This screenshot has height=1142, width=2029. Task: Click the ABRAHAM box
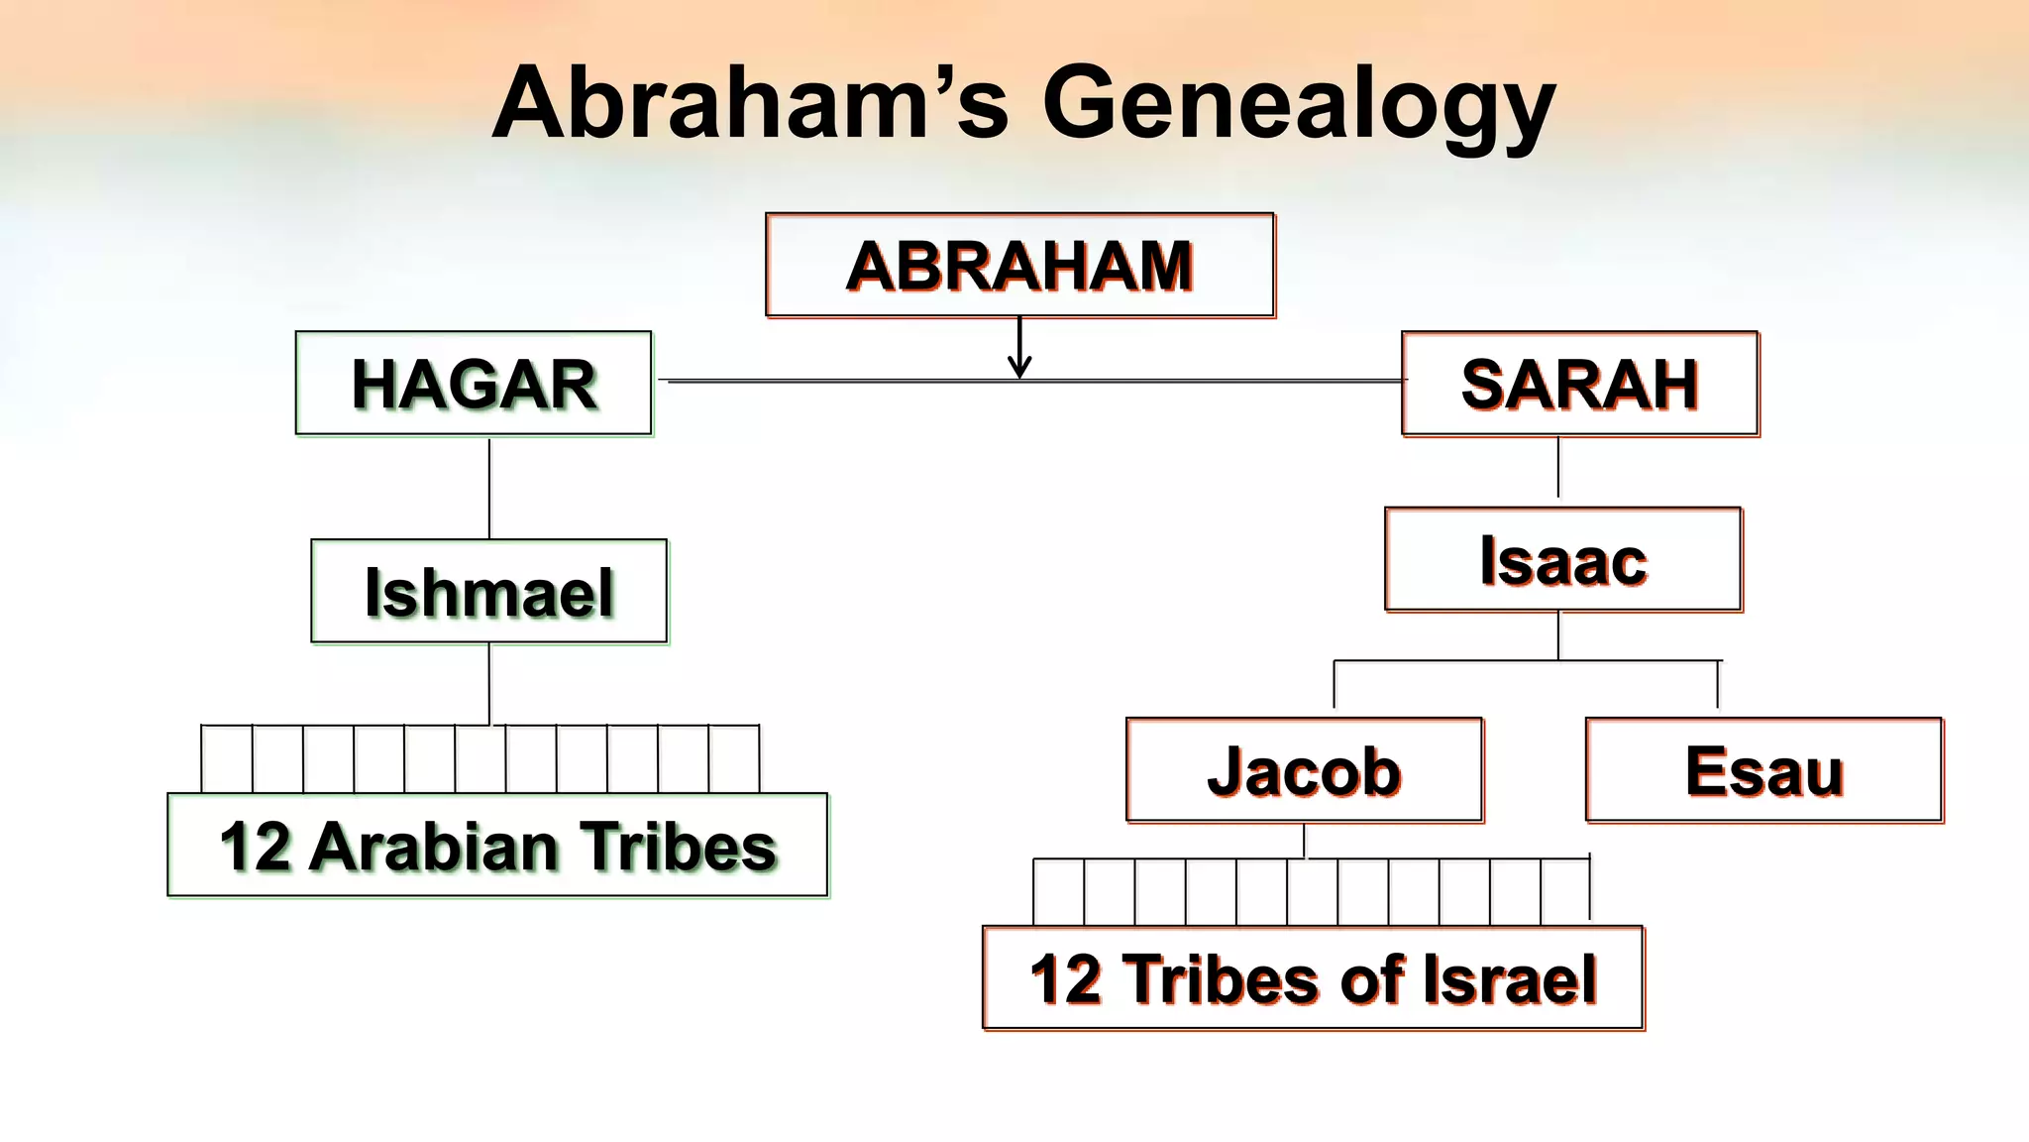[x=1019, y=266]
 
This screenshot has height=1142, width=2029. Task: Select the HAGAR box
[x=474, y=384]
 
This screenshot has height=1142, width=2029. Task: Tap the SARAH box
[x=1579, y=384]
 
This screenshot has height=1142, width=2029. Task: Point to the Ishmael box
[x=488, y=592]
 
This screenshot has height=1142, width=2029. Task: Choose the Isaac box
[x=1562, y=560]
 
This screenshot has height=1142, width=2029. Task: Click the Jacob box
[x=1304, y=770]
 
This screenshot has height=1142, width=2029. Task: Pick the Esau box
[x=1763, y=770]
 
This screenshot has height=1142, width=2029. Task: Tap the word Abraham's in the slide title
[x=750, y=103]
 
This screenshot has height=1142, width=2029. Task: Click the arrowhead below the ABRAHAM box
[x=1019, y=368]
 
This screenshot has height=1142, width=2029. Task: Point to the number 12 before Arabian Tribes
[x=255, y=848]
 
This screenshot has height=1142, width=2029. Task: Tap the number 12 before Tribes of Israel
[x=1066, y=979]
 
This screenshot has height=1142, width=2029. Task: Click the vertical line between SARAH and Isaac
[x=1558, y=468]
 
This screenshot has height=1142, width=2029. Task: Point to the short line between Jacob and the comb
[x=1305, y=842]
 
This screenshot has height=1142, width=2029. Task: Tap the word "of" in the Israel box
[x=1373, y=979]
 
